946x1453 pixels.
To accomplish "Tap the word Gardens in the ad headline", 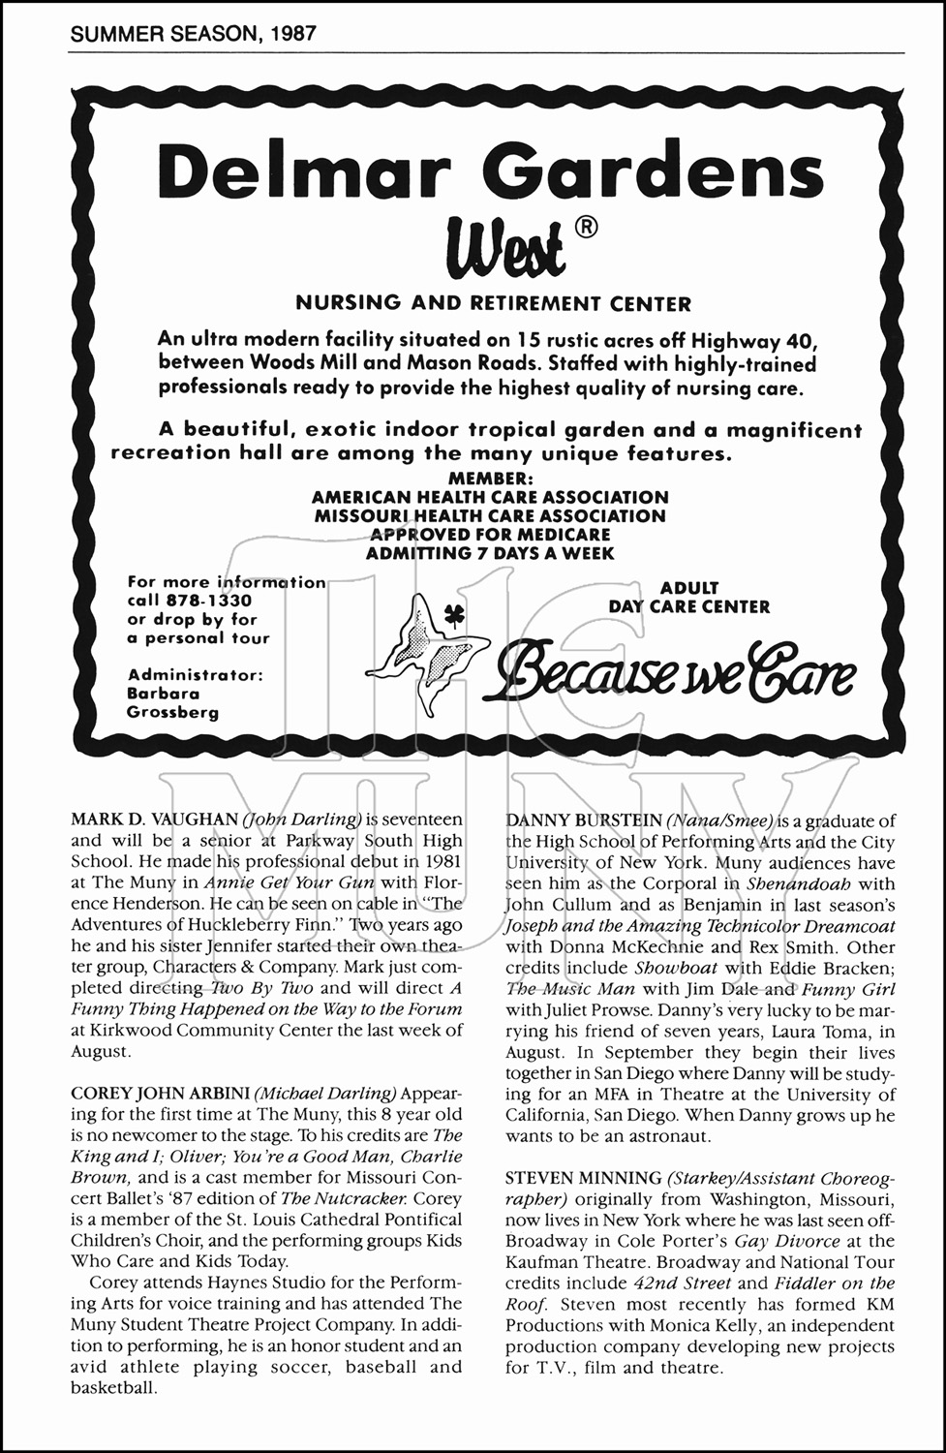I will point(658,171).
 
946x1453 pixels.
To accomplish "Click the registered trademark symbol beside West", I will point(586,229).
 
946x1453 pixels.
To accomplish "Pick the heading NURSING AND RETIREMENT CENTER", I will point(493,303).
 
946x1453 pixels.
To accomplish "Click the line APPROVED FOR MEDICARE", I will point(490,534).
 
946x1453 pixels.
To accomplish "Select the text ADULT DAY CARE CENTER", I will point(689,597).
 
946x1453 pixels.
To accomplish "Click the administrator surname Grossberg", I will point(172,712).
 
